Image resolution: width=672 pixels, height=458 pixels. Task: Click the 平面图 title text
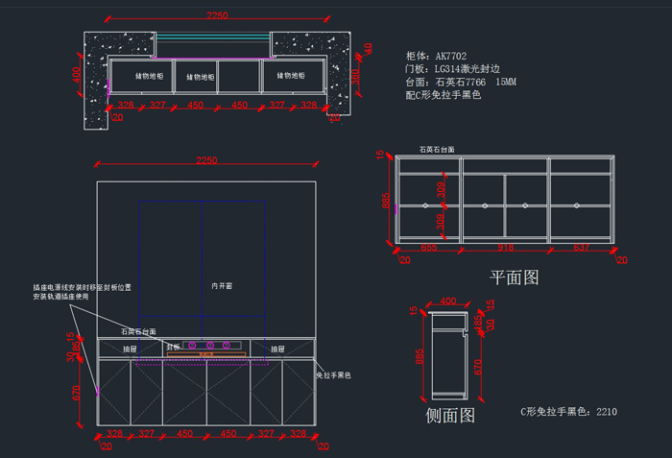(x=515, y=277)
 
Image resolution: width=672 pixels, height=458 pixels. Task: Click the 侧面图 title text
(x=450, y=415)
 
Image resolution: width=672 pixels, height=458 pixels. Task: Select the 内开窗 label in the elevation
(x=223, y=285)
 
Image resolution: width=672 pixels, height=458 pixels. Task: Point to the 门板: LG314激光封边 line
(x=453, y=69)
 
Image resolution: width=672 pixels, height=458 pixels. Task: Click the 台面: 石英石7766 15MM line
(x=462, y=83)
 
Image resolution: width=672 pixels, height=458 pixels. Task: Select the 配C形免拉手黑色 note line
(x=443, y=96)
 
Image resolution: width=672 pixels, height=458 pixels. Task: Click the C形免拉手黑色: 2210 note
(x=568, y=412)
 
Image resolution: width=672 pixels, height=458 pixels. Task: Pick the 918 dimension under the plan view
(x=505, y=248)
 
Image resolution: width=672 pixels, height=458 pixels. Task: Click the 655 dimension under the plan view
(x=429, y=248)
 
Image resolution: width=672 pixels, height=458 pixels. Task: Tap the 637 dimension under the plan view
(x=582, y=248)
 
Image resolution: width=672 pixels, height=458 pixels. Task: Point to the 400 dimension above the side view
(x=447, y=302)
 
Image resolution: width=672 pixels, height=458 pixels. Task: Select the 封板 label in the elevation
(x=173, y=347)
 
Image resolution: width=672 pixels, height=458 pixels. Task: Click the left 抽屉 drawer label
(x=130, y=349)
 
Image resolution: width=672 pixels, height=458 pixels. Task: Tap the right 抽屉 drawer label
(x=277, y=349)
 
